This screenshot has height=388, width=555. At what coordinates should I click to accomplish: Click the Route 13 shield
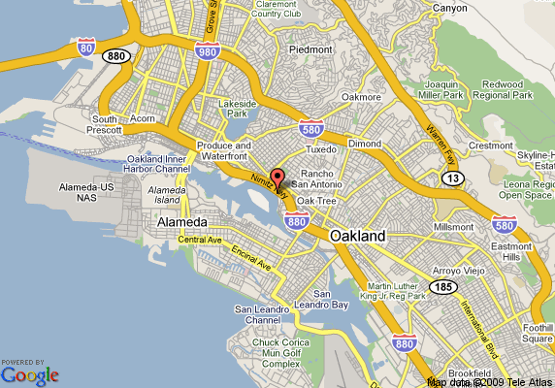[452, 177]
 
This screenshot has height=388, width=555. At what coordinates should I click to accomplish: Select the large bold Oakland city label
[357, 236]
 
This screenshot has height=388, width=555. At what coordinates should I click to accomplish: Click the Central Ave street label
[201, 240]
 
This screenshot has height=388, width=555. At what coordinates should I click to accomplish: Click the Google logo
[29, 372]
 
